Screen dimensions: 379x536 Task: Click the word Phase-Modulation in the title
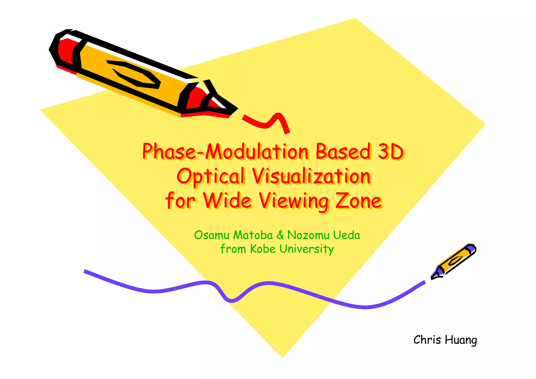point(225,151)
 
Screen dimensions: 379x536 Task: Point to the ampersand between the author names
point(280,235)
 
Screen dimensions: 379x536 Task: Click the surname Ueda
point(347,235)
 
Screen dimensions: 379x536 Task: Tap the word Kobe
point(263,249)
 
